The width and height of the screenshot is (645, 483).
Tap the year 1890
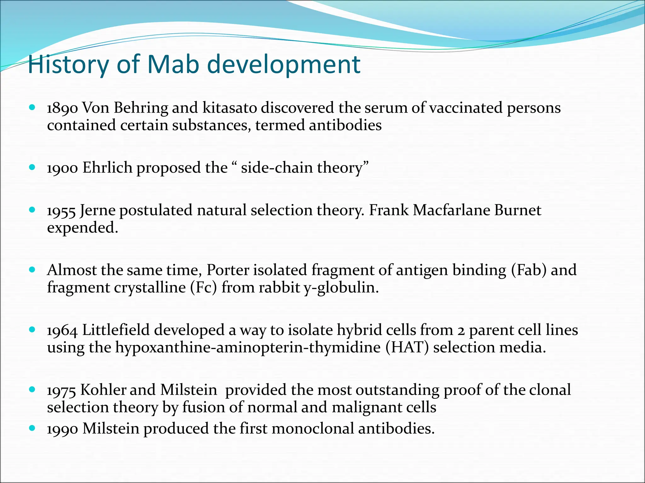(x=62, y=108)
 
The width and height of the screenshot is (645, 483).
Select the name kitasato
(x=229, y=108)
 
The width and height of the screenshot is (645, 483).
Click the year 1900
(x=62, y=168)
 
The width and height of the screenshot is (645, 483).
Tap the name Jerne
(x=98, y=210)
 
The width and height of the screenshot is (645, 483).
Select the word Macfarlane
(x=451, y=210)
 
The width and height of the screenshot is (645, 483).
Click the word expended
(x=82, y=228)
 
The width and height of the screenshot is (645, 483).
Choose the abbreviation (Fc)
(x=203, y=287)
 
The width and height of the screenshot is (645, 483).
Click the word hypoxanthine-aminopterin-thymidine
(x=248, y=347)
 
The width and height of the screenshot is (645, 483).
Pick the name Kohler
(x=102, y=390)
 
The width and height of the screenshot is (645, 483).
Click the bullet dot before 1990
(x=32, y=428)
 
